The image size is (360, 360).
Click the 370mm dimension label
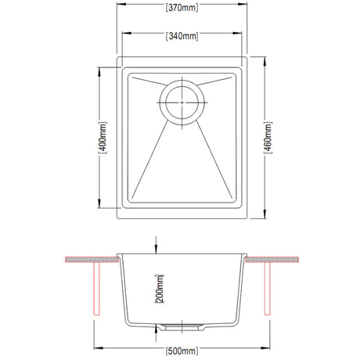point(181,10)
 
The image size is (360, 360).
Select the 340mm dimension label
point(181,35)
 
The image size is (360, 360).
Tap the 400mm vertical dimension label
point(100,139)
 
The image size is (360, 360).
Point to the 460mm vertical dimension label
point(268,139)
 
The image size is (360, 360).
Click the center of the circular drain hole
point(182,101)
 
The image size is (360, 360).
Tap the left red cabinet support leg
point(95,288)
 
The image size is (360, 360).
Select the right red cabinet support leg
point(268,288)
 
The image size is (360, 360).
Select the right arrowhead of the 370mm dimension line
point(245,10)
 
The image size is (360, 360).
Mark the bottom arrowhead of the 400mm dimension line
point(100,207)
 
